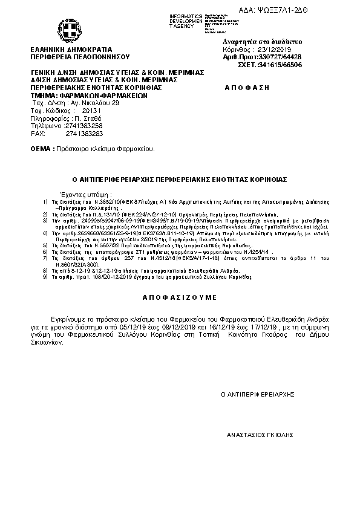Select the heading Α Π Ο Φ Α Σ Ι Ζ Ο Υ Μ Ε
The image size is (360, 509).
(x=179, y=299)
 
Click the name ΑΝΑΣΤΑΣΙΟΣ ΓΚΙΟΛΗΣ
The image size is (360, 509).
(x=259, y=434)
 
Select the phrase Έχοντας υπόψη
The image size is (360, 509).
(x=82, y=196)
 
